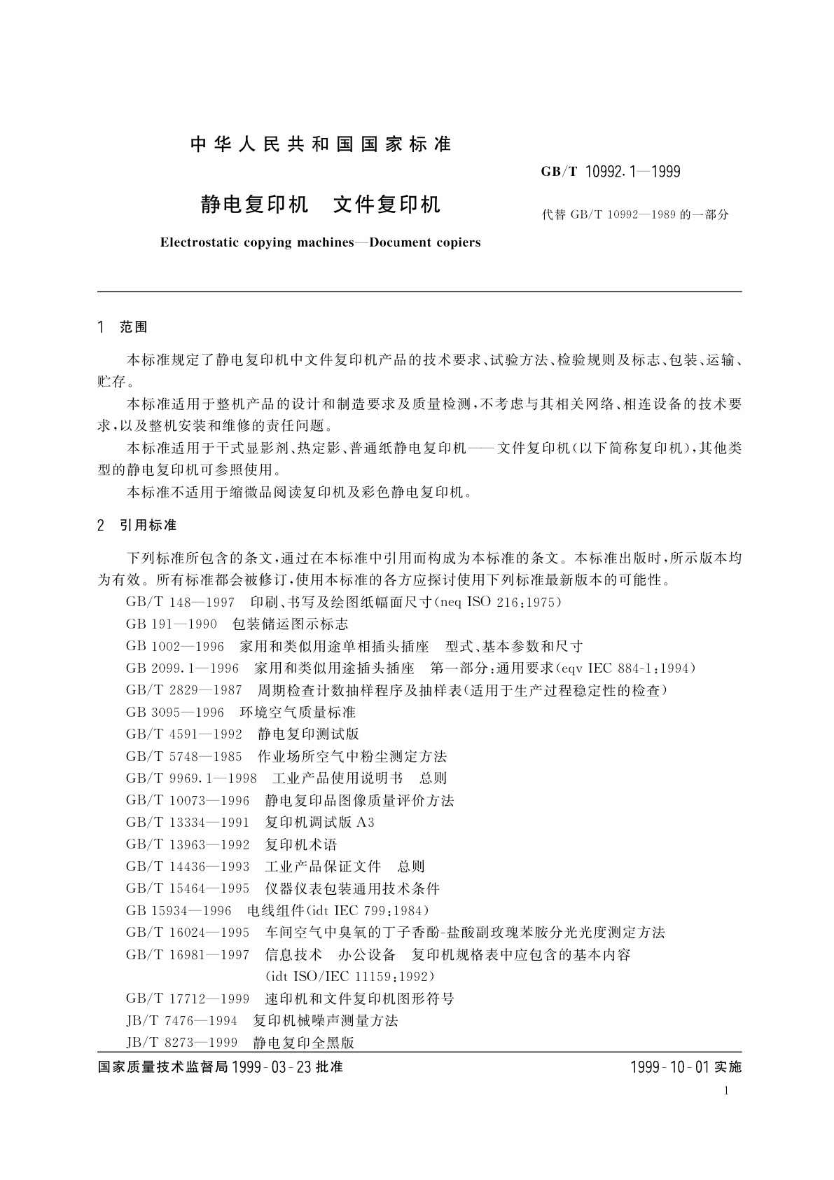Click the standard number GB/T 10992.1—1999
611,171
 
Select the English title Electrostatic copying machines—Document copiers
320,242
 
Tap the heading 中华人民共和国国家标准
321,144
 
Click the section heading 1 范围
123,327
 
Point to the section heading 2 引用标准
137,525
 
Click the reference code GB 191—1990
172,624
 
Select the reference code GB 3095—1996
175,712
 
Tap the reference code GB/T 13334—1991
188,822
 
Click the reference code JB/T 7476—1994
181,1020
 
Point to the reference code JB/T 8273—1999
181,1043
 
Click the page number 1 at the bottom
726,1090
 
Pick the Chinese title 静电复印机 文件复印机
321,204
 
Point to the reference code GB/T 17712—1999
188,999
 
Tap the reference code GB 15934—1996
179,910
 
